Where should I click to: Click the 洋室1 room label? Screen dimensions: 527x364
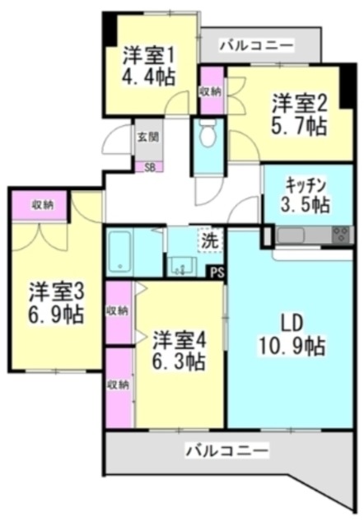point(149,55)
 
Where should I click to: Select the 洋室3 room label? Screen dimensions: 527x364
point(57,291)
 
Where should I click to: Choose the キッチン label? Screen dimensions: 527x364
point(307,184)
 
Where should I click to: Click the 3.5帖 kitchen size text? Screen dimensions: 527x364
point(307,204)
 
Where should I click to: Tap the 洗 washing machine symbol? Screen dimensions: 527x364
point(210,241)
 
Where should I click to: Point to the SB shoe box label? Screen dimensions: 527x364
point(149,167)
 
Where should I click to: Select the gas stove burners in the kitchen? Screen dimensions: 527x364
point(340,236)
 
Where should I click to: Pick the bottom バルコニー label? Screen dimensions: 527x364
point(226,452)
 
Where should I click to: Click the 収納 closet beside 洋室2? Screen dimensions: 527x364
point(212,92)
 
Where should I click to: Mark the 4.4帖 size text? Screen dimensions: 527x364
point(149,78)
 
